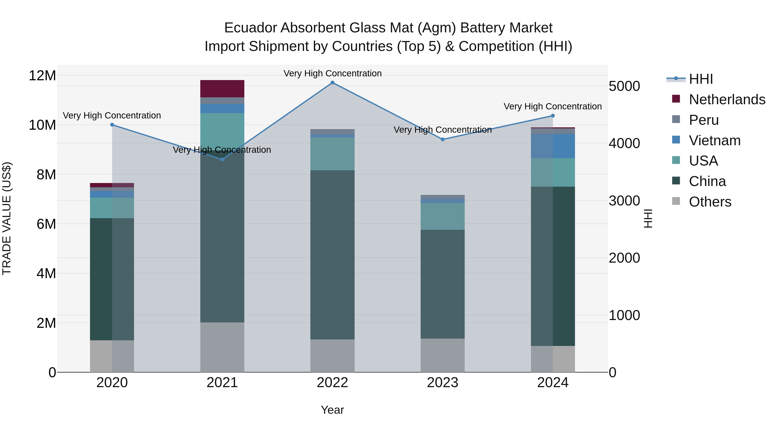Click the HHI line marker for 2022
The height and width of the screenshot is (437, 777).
[x=332, y=83]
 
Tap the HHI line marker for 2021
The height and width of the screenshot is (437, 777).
[x=222, y=159]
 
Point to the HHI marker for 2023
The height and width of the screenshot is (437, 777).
[x=442, y=140]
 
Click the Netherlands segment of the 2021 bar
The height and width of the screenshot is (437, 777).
[x=222, y=89]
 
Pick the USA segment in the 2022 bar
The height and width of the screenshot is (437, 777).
[x=332, y=154]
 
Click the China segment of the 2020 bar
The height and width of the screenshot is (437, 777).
[x=112, y=279]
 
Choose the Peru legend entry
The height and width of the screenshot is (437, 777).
[x=704, y=120]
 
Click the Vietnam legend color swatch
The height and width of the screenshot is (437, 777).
[x=676, y=140]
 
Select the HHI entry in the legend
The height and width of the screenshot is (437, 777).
[x=701, y=79]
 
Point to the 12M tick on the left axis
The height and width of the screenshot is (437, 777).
[x=42, y=75]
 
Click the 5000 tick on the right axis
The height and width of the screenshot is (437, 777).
[x=624, y=86]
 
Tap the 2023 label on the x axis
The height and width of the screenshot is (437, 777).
[x=442, y=383]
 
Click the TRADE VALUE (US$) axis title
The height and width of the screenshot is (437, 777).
[x=7, y=218]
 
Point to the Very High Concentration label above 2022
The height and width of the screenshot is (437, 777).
[x=332, y=73]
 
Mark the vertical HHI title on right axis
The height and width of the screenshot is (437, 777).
[x=648, y=218]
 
